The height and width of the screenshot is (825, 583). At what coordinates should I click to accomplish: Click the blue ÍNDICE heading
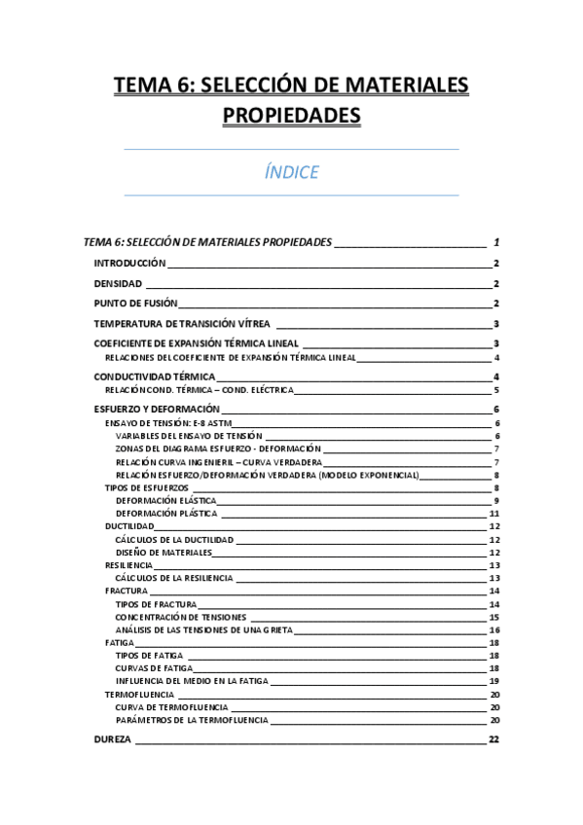tap(291, 173)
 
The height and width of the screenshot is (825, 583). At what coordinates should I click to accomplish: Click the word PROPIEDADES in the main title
tap(291, 116)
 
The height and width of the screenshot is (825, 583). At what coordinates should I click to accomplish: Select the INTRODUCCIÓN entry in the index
tap(130, 264)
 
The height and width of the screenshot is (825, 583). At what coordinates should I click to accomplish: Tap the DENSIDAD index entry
tap(118, 284)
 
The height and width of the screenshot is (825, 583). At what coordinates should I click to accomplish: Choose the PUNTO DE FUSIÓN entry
tap(135, 304)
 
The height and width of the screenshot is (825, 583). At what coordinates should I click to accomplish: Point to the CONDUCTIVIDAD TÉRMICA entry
tap(154, 377)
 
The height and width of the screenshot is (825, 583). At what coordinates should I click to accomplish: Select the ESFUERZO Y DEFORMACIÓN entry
tap(157, 410)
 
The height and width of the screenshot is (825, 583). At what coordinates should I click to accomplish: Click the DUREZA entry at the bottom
tap(112, 740)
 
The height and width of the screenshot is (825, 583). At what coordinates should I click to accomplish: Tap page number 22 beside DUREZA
tap(494, 740)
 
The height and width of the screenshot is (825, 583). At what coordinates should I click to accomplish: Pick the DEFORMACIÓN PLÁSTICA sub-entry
tap(166, 513)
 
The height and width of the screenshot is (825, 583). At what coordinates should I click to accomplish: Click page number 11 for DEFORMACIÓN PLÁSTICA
tap(494, 513)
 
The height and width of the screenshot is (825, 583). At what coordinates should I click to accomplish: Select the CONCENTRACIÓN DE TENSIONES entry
tap(180, 617)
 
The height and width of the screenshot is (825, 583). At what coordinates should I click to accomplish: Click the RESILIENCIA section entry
tap(128, 565)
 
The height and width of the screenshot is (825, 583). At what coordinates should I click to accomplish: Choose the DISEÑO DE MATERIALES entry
tap(164, 552)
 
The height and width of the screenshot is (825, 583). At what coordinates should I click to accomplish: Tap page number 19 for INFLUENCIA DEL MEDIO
tap(494, 681)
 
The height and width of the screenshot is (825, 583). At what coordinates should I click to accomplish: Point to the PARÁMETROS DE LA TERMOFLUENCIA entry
tap(192, 720)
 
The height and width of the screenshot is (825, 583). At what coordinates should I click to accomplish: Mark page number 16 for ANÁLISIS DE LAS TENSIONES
tap(494, 629)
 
